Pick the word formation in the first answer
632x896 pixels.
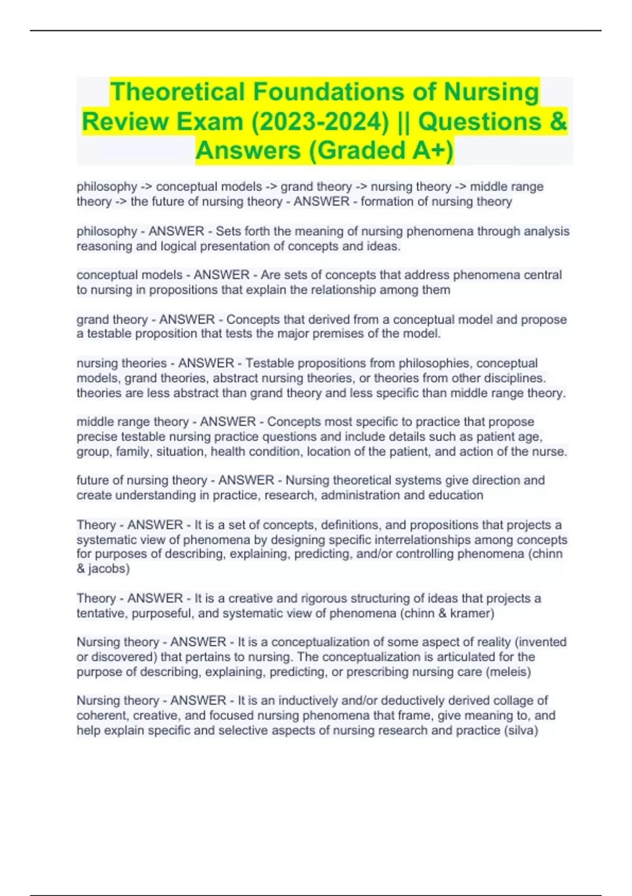click(386, 201)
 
